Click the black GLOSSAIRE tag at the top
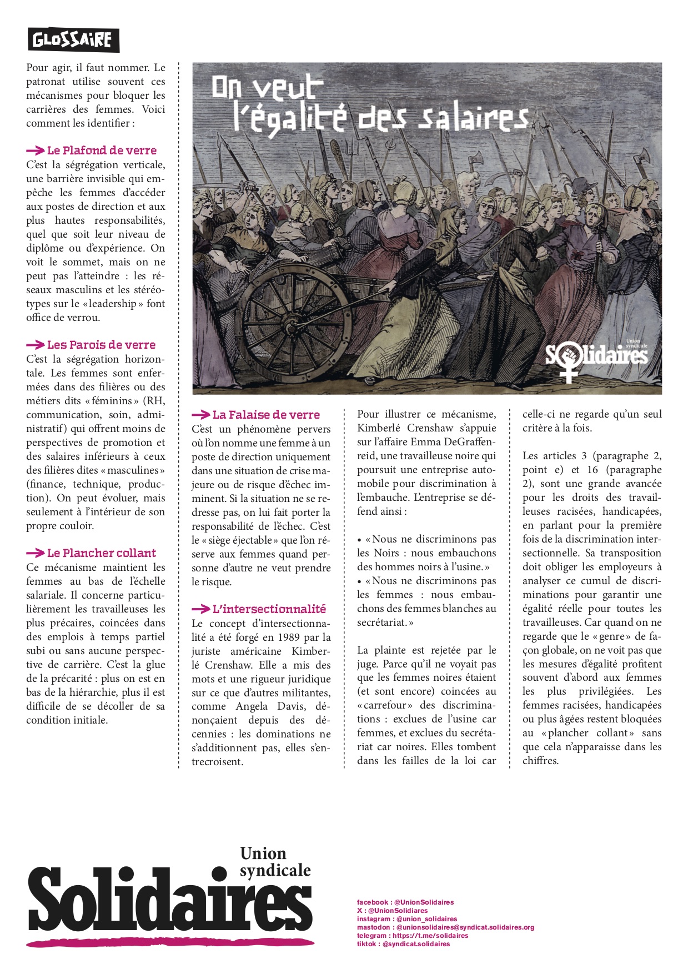[x=73, y=40]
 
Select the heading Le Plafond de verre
[x=102, y=150]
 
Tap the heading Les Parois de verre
[x=101, y=345]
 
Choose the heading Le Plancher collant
[x=102, y=553]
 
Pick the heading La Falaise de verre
[x=266, y=415]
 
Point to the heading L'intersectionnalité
[x=269, y=609]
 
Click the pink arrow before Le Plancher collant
[x=36, y=553]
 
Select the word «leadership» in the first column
[x=116, y=304]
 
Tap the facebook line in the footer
[x=405, y=902]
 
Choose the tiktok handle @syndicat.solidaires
[x=416, y=944]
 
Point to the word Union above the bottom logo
[x=263, y=853]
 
